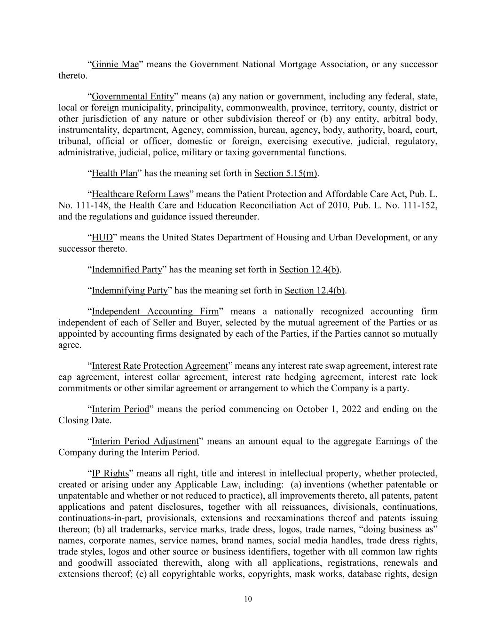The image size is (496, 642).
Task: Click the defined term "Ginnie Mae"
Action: click(x=115, y=64)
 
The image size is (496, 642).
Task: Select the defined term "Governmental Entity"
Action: click(x=133, y=97)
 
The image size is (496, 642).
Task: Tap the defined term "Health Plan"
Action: click(x=114, y=174)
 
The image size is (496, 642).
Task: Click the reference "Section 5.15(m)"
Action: click(x=286, y=174)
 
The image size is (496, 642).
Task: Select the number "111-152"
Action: click(x=421, y=206)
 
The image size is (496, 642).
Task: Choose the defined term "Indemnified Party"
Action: click(x=127, y=270)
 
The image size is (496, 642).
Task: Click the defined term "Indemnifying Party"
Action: click(x=130, y=291)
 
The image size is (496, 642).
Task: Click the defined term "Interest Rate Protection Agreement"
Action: click(x=159, y=366)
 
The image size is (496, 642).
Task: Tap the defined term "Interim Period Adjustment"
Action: click(x=145, y=442)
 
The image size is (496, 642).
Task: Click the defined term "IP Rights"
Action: click(x=110, y=474)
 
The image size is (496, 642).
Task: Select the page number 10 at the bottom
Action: click(x=248, y=599)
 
